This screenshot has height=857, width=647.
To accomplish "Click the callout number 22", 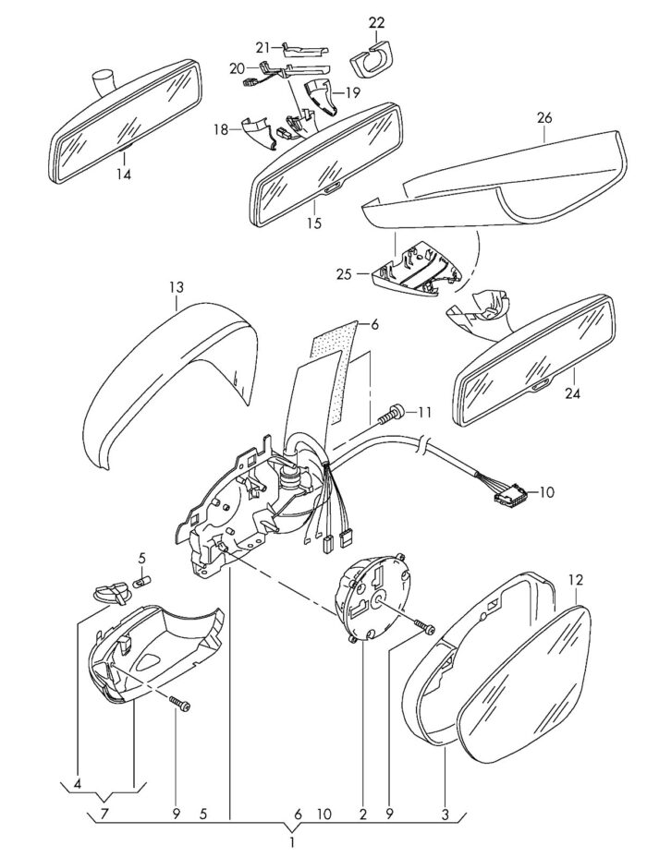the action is (x=376, y=22).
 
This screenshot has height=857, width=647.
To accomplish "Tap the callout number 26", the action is (x=544, y=117).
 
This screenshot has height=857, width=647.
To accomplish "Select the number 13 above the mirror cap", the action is (x=177, y=287).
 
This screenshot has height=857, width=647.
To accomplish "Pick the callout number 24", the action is (x=572, y=392).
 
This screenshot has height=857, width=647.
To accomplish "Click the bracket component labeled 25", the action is (x=415, y=270).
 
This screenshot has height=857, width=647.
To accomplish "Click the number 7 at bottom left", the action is (x=104, y=814).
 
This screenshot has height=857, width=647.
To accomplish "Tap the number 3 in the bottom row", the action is (x=446, y=815).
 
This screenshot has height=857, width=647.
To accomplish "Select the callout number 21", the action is (x=263, y=47).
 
